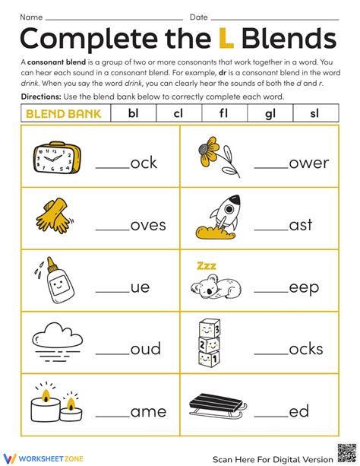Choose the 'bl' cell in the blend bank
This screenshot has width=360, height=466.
[133, 113]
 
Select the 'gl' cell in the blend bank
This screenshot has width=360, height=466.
[269, 113]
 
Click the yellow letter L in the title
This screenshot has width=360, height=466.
[225, 38]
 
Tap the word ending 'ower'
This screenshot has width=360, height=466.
[309, 163]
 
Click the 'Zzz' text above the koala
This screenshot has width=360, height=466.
[206, 265]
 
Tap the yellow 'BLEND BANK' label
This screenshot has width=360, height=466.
[63, 113]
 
